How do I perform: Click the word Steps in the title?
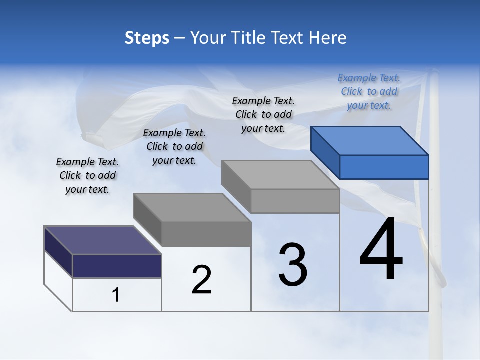pyautogui.click(x=147, y=38)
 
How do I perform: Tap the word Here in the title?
pyautogui.click(x=328, y=38)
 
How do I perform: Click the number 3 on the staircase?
pyautogui.click(x=293, y=265)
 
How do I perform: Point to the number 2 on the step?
pyautogui.click(x=202, y=280)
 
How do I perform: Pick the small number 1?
pyautogui.click(x=116, y=295)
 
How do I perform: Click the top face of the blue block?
pyautogui.click(x=369, y=141)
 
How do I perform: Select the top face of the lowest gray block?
pyautogui.click(x=191, y=207)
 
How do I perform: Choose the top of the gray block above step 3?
pyautogui.click(x=280, y=175)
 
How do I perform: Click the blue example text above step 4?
pyautogui.click(x=369, y=91)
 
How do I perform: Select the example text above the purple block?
pyautogui.click(x=87, y=175)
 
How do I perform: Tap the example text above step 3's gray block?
pyautogui.click(x=263, y=114)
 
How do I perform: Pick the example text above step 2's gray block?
pyautogui.click(x=174, y=146)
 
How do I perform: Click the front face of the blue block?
pyautogui.click(x=384, y=167)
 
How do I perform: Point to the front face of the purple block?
pyautogui.click(x=117, y=266)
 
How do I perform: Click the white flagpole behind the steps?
pyautogui.click(x=435, y=250)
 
